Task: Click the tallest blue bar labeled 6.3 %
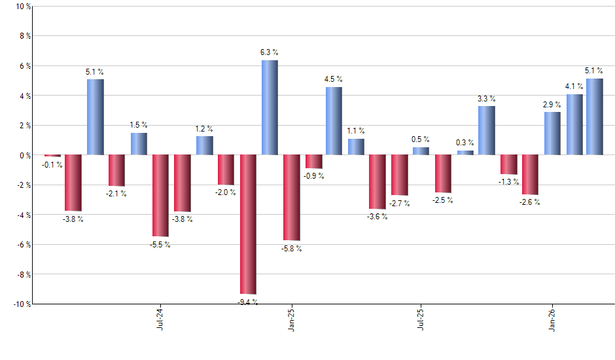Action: coord(270,107)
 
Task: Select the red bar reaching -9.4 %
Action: coord(248,225)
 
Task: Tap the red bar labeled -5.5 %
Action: coord(160,196)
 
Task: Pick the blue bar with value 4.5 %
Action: coord(334,121)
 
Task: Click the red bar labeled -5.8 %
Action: coord(291,198)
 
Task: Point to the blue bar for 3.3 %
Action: coord(486,130)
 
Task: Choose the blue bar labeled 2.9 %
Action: coord(552,134)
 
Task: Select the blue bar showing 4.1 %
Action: coord(574,124)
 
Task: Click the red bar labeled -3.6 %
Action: coord(378,182)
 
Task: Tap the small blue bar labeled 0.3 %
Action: coord(465,153)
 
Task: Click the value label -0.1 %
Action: coord(51,165)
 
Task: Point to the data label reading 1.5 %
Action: coord(139,125)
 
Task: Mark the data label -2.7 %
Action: coord(399,204)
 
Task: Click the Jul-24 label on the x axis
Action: coord(160,319)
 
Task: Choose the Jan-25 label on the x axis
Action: coord(291,319)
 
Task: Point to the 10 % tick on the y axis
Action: coord(22,7)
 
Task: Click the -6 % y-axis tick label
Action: coord(22,245)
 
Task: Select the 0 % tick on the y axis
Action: coord(24,155)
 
